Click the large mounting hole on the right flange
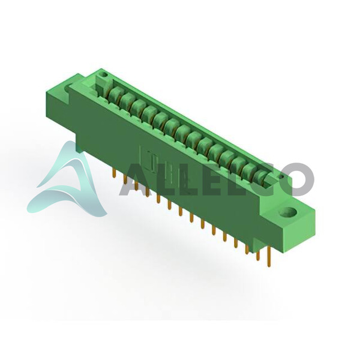click(x=287, y=212)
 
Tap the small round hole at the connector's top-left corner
click(x=104, y=74)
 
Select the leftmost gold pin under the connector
click(x=113, y=173)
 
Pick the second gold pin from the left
click(x=125, y=179)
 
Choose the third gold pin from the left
click(x=136, y=185)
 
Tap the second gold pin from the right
click(x=258, y=256)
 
